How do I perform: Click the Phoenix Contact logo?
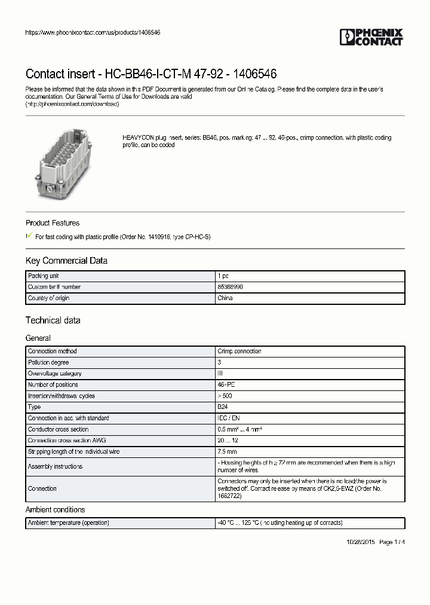pyautogui.click(x=371, y=37)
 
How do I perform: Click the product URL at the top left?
pyautogui.click(x=93, y=32)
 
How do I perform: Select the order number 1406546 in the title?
pyautogui.click(x=256, y=74)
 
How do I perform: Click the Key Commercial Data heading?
pyautogui.click(x=66, y=261)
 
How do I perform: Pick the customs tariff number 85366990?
pyautogui.click(x=231, y=287)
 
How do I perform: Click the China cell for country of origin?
pyautogui.click(x=225, y=298)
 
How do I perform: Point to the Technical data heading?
pyautogui.click(x=53, y=320)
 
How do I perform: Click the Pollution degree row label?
pyautogui.click(x=48, y=362)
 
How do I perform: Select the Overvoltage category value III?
pyautogui.click(x=220, y=373)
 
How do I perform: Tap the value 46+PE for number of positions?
pyautogui.click(x=227, y=384)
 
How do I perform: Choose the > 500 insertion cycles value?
pyautogui.click(x=226, y=396)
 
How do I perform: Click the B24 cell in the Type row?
pyautogui.click(x=223, y=407)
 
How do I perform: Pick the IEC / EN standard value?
pyautogui.click(x=228, y=418)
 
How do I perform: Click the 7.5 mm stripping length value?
pyautogui.click(x=227, y=451)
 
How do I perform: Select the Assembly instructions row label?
pyautogui.click(x=55, y=466)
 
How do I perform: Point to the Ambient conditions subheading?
pyautogui.click(x=55, y=509)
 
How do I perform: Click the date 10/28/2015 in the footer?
pyautogui.click(x=361, y=542)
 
